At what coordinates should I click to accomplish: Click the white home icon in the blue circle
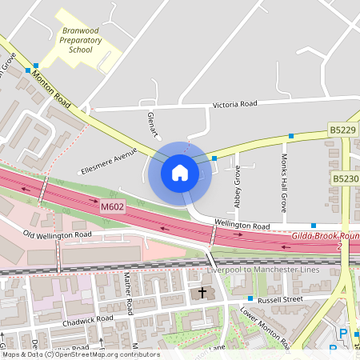(x=180, y=172)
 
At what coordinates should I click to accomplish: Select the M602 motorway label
(x=114, y=207)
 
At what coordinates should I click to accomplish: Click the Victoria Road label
(x=234, y=104)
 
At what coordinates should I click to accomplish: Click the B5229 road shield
(x=342, y=129)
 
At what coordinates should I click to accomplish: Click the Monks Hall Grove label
(x=284, y=178)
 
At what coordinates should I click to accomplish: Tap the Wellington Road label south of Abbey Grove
(x=239, y=225)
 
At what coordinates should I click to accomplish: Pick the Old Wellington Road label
(x=57, y=235)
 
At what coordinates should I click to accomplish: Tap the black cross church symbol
(x=202, y=294)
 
